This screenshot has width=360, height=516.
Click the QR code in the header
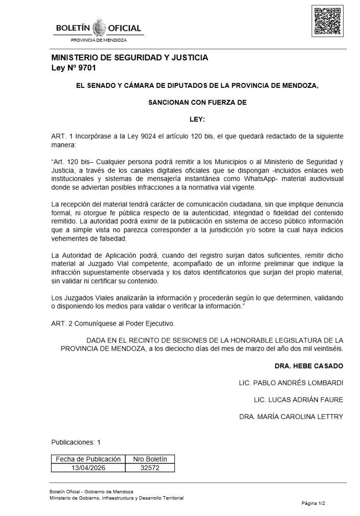[327, 22]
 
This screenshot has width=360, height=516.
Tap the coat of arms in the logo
[99, 28]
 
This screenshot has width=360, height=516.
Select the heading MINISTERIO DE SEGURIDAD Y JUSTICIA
[130, 58]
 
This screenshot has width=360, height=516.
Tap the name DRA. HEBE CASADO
[309, 366]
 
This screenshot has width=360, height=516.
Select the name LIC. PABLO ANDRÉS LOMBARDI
[291, 383]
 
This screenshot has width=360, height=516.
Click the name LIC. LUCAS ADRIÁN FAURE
[298, 400]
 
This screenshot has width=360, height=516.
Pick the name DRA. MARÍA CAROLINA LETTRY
[291, 417]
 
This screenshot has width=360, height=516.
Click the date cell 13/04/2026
[88, 467]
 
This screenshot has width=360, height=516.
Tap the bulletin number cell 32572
[150, 467]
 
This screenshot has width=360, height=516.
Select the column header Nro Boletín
[150, 459]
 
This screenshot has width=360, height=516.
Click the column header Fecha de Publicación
[88, 459]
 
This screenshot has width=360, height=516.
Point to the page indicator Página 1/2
[314, 503]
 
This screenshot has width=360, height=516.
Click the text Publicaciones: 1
[76, 442]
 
